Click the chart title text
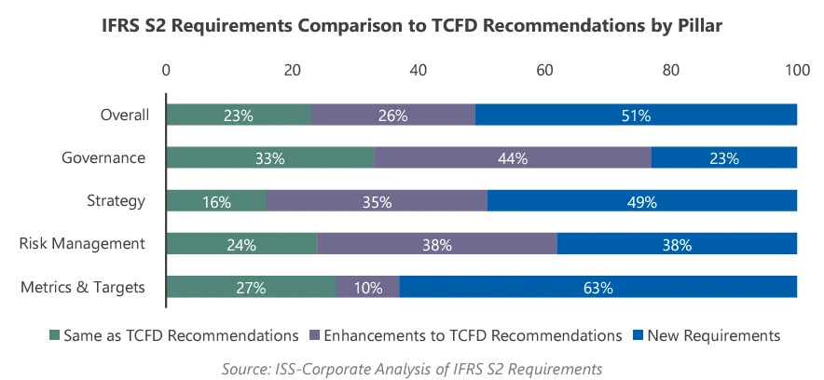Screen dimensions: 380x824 coord(412,27)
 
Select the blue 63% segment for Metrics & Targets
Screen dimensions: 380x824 coord(598,287)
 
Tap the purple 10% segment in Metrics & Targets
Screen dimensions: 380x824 coord(367,287)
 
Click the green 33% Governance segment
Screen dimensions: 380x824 coord(269,157)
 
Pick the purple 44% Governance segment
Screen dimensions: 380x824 coord(513,157)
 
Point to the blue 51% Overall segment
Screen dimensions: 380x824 coord(636,115)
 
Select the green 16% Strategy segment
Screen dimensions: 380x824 coord(216,200)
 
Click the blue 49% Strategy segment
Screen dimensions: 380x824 coord(642,200)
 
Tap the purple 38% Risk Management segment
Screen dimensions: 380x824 coord(436,244)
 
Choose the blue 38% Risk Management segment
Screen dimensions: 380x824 coord(677,244)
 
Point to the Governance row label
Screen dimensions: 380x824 coord(104,157)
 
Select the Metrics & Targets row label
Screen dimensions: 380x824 coord(83,287)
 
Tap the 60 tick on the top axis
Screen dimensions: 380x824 coord(544,71)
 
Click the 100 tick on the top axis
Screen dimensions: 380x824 coord(797,71)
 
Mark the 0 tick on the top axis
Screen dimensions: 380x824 coord(166,71)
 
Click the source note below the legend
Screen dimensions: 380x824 coord(412,369)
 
